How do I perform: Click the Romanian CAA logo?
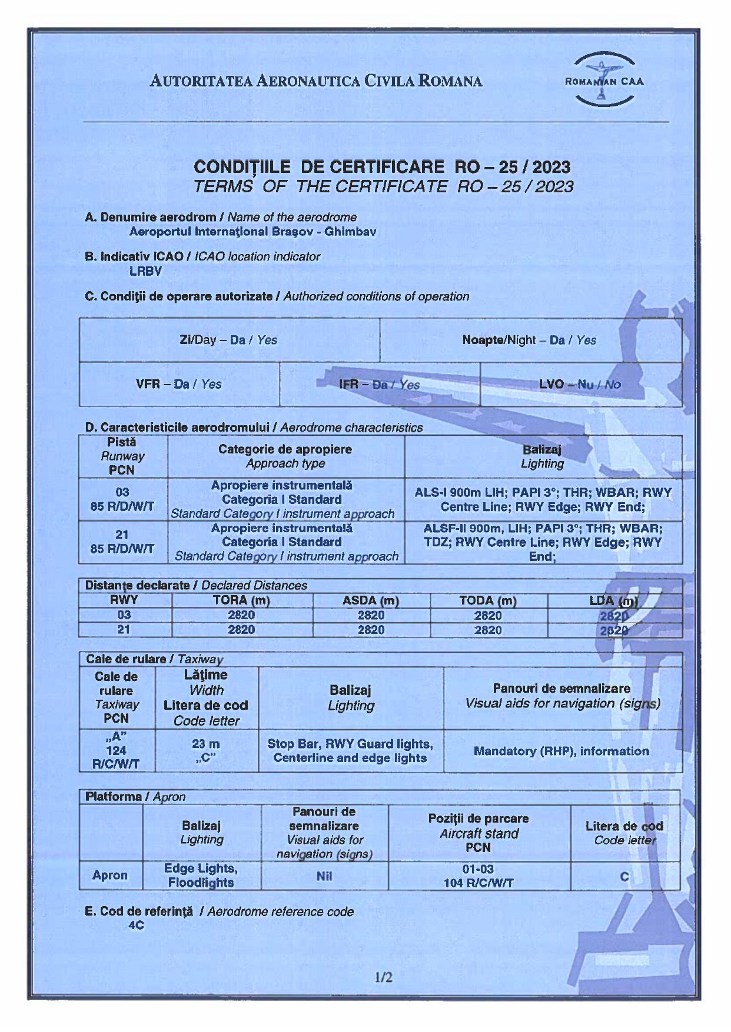tap(604, 81)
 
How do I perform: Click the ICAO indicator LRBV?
tap(145, 271)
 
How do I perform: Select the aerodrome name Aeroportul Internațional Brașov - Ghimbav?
tap(252, 232)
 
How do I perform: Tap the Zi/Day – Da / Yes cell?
tap(228, 340)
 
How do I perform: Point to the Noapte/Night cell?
tap(529, 340)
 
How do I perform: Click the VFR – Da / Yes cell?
tap(178, 384)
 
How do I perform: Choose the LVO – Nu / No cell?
tap(580, 384)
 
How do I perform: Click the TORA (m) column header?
tap(241, 600)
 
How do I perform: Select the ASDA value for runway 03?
tap(371, 615)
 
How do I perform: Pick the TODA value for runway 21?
tap(488, 630)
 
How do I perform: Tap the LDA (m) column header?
tap(614, 600)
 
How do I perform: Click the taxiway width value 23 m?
tap(206, 744)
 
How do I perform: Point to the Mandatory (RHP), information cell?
tap(561, 751)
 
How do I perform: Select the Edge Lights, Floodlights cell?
tap(201, 876)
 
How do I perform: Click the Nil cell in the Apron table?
tap(324, 876)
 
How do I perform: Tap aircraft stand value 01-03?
tap(478, 869)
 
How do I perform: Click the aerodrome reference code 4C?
tap(136, 926)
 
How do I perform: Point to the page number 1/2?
tap(383, 977)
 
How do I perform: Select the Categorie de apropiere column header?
tap(285, 449)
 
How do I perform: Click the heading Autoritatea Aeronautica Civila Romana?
tap(316, 81)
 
